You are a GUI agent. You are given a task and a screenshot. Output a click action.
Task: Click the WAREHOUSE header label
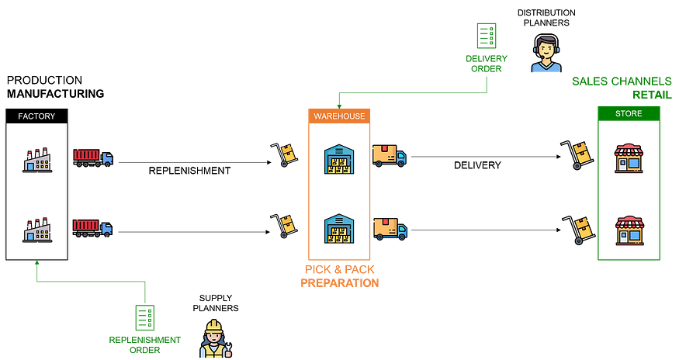tap(339, 116)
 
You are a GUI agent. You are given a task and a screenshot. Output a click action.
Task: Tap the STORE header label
tap(628, 112)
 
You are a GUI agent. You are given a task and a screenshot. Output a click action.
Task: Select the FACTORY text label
tap(36, 116)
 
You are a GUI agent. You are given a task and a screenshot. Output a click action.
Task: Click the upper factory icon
tap(36, 159)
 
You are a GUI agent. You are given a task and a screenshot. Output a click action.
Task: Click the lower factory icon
tap(36, 229)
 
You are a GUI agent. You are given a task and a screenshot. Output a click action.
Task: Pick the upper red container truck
tap(92, 157)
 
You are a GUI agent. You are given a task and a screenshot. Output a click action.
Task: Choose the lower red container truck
tap(92, 228)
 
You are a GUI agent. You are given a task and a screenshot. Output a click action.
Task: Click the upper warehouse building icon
tap(339, 159)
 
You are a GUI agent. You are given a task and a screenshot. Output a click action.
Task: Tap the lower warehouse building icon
tap(339, 229)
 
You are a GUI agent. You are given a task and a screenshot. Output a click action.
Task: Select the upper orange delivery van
tap(389, 156)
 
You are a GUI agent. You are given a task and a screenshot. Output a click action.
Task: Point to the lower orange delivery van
tap(390, 228)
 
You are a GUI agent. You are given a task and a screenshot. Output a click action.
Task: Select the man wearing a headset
tap(546, 56)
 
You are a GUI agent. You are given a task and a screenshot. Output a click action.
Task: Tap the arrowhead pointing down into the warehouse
tap(339, 104)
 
